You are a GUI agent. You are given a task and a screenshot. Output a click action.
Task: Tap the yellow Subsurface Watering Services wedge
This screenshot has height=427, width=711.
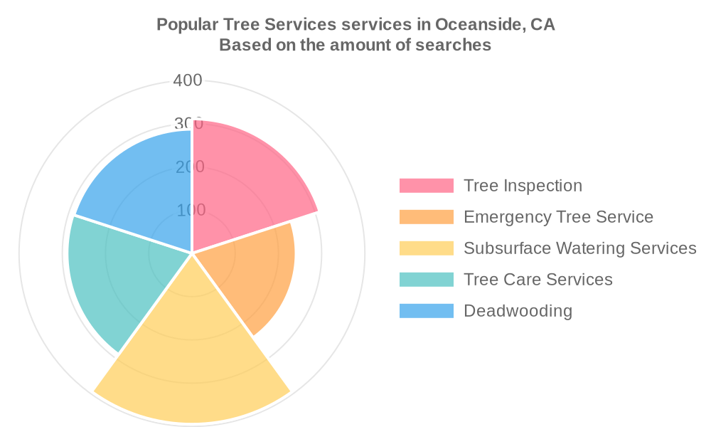(192, 359)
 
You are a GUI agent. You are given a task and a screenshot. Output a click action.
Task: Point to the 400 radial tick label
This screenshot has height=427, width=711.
(188, 80)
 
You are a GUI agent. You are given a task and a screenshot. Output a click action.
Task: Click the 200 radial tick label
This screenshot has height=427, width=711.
(190, 167)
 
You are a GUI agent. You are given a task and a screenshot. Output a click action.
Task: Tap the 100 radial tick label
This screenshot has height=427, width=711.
(191, 210)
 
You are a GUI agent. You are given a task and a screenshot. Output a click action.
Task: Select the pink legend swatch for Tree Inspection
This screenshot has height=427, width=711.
(426, 186)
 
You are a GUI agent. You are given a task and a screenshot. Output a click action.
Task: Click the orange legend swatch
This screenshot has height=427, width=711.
(426, 217)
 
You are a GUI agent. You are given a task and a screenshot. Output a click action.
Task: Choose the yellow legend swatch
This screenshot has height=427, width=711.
(426, 248)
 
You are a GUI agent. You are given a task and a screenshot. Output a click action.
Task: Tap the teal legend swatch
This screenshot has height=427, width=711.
(426, 280)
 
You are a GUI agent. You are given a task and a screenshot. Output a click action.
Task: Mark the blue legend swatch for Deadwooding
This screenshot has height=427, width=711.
(426, 311)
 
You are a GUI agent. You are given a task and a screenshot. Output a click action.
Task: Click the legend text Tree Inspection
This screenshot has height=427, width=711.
(523, 186)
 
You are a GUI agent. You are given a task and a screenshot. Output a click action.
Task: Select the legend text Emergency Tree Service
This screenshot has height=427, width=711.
(559, 217)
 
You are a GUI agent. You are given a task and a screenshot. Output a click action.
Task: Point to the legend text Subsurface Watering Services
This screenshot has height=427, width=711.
(580, 248)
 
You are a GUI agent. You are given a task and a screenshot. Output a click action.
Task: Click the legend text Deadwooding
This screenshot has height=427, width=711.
(518, 311)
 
